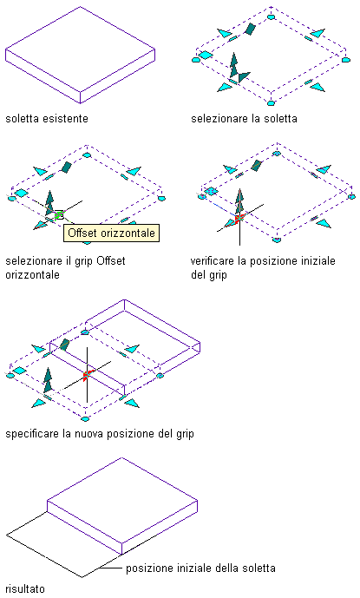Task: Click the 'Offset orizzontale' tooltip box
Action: (x=111, y=233)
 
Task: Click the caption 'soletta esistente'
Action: (x=47, y=119)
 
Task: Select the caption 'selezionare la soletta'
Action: (x=244, y=119)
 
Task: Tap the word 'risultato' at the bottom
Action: (x=25, y=588)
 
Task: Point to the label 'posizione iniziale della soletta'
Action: (x=200, y=568)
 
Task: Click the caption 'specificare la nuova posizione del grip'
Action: (x=100, y=434)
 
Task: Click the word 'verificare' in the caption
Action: (x=212, y=261)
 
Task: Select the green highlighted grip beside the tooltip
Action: (x=59, y=215)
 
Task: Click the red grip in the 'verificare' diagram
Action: (x=239, y=219)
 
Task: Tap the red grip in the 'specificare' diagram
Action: (x=87, y=375)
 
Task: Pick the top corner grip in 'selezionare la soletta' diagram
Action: (x=272, y=16)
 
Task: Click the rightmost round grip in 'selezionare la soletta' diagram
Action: (x=345, y=60)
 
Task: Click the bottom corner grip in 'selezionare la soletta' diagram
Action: (x=272, y=103)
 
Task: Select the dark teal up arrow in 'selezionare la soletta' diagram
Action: (x=233, y=65)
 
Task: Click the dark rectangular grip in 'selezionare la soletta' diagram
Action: (x=250, y=29)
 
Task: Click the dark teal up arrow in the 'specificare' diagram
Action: (x=48, y=380)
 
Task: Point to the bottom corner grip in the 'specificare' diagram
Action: (x=85, y=418)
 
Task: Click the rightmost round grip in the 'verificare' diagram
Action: (x=351, y=197)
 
